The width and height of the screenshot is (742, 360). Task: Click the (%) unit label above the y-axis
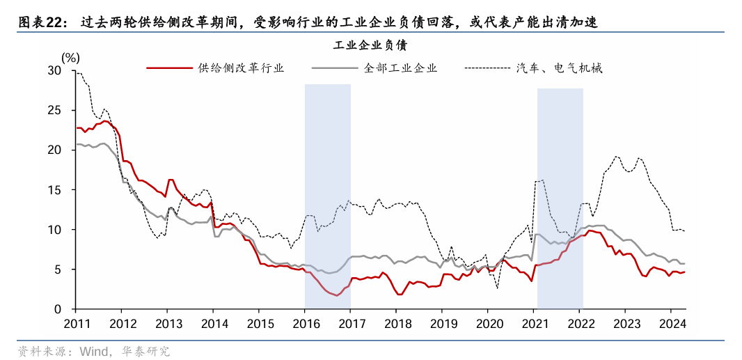pyautogui.click(x=70, y=57)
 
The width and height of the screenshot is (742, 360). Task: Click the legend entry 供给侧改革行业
pyautogui.click(x=241, y=68)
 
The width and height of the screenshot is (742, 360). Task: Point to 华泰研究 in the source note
pyautogui.click(x=145, y=351)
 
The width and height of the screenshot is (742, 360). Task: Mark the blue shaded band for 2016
pyautogui.click(x=327, y=195)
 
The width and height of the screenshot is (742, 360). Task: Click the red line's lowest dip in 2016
pyautogui.click(x=337, y=295)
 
